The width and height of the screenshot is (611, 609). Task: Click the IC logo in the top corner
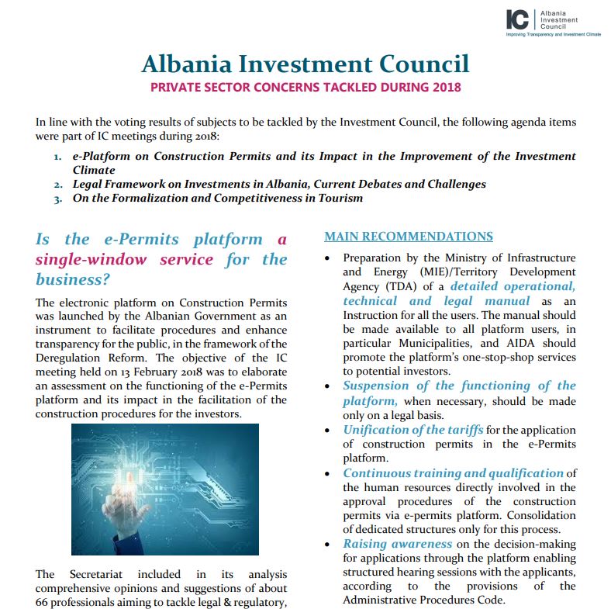click(517, 19)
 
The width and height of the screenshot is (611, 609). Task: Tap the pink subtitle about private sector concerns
click(305, 87)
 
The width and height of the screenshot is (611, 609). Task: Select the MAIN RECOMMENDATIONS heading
click(408, 237)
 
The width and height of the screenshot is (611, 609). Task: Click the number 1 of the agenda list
click(58, 157)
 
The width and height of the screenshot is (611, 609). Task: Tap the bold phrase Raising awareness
click(397, 544)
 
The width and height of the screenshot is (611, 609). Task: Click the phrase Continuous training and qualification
click(453, 472)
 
